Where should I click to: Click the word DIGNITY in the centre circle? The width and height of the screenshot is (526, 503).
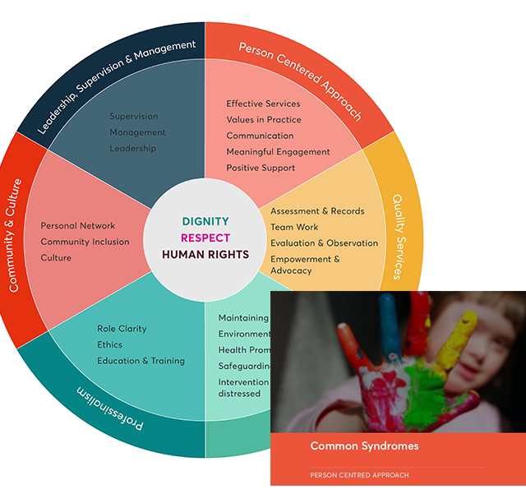tap(205, 221)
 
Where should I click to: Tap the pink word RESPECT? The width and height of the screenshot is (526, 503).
tap(205, 238)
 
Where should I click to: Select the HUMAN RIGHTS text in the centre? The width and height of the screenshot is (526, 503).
tap(205, 254)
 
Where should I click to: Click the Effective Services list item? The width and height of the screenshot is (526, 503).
tap(263, 104)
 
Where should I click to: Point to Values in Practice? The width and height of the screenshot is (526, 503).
tap(264, 120)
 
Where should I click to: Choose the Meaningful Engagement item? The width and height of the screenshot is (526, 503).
tap(278, 152)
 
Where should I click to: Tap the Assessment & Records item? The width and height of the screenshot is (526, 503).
tap(317, 211)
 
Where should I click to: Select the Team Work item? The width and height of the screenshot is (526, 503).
tap(294, 227)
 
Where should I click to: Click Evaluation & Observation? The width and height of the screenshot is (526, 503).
tap(324, 243)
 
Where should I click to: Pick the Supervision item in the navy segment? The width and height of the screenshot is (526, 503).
tap(134, 116)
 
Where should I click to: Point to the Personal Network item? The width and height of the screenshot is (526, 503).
tap(78, 225)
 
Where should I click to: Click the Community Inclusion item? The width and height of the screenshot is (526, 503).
tap(85, 242)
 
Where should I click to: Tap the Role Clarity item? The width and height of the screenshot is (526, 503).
tap(122, 329)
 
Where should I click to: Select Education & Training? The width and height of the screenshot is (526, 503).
tap(141, 361)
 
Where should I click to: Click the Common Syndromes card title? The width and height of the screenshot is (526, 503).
tap(364, 446)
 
